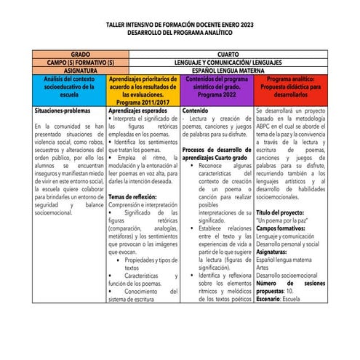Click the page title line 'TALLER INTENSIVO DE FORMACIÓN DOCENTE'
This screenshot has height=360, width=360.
180,25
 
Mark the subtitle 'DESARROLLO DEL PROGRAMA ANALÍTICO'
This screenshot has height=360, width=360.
180,33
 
